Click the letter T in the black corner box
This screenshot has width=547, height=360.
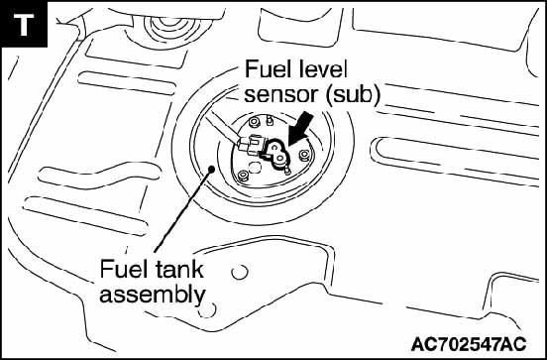click(x=24, y=25)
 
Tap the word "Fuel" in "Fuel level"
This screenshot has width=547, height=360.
click(x=267, y=69)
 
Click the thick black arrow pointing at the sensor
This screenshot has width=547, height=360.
click(x=299, y=128)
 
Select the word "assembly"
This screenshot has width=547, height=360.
click(x=153, y=296)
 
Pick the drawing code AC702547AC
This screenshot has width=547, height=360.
click(x=469, y=344)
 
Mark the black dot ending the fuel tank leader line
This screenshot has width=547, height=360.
click(x=211, y=169)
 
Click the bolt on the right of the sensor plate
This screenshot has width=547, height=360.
click(x=304, y=155)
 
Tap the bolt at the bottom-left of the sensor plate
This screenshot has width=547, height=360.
click(x=243, y=176)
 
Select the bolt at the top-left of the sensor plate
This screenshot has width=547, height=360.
click(x=254, y=123)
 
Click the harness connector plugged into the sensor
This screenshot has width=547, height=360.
click(x=251, y=145)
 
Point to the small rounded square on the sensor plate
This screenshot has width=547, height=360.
click(x=255, y=168)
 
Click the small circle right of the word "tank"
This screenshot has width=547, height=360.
click(x=240, y=272)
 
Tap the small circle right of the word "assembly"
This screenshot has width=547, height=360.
click(x=207, y=309)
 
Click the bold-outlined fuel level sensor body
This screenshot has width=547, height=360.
click(x=277, y=154)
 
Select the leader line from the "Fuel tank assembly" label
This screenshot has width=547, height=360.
click(x=182, y=210)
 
